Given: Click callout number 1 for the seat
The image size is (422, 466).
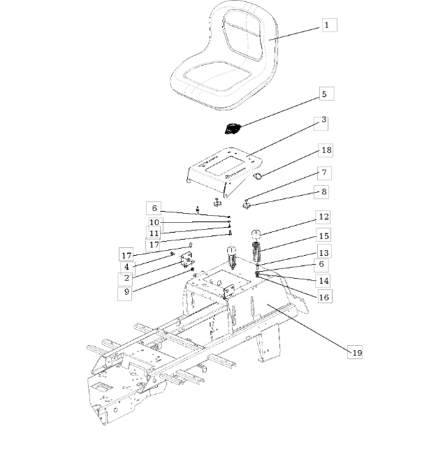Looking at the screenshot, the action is pos(326,25).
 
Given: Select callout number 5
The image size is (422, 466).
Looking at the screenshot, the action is pos(324,94).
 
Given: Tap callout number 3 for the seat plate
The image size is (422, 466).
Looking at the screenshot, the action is pos(324,119).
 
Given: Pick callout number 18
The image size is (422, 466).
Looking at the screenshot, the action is pos(326,150).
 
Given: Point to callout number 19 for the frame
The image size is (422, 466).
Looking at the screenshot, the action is pos(357,353).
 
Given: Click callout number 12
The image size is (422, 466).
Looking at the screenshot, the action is pos(323,217).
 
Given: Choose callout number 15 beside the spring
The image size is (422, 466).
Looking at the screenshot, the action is pos(323,236).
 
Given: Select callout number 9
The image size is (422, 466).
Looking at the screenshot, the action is pos(126,292).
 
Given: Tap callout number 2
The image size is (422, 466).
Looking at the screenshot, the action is pos(126,278).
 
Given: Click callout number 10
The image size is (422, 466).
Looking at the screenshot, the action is pos(154,222).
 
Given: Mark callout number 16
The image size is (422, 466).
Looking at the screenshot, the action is pos(324,297).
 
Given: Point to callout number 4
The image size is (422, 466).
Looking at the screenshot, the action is pos(126,267).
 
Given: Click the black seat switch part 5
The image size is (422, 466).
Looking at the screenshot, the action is pos(232,129).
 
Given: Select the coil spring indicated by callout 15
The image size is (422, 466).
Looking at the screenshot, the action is pos(256,252).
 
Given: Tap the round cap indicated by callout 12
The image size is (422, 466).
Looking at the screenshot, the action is pos(256,234).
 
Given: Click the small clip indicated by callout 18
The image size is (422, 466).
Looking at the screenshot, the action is pos(258,176).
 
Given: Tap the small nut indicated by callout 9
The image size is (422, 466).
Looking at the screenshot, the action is pos(192,269).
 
